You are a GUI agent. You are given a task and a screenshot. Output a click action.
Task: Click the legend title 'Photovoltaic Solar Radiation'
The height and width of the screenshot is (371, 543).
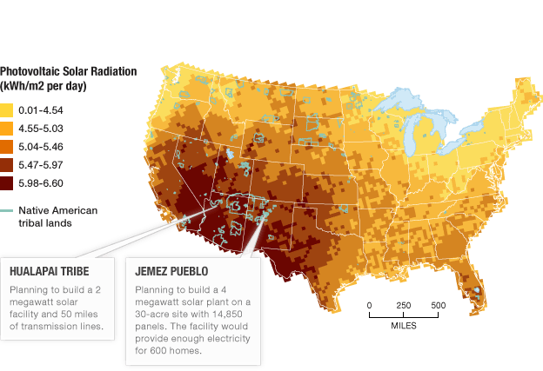point(68,71)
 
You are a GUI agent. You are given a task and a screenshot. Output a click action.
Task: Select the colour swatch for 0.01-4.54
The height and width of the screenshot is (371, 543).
point(7,110)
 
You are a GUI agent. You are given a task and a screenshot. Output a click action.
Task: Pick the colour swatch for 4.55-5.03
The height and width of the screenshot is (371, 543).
point(7,129)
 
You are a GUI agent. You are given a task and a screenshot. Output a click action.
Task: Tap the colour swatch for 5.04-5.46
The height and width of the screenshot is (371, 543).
point(7,147)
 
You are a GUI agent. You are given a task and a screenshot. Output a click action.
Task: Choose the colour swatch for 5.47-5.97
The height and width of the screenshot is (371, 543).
point(7,165)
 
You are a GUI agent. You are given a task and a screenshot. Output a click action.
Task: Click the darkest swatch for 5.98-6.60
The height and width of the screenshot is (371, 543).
point(7,183)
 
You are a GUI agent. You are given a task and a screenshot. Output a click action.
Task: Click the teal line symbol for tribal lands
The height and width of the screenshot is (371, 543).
point(7,210)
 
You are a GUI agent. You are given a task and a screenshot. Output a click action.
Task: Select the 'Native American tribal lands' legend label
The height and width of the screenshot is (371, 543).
point(52,216)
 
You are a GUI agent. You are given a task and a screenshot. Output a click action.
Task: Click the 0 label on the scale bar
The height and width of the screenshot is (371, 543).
point(369,305)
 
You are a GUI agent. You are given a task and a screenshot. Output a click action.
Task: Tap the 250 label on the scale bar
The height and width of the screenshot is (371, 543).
point(404,305)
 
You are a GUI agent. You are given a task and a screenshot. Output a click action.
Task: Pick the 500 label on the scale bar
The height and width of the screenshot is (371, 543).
point(438,305)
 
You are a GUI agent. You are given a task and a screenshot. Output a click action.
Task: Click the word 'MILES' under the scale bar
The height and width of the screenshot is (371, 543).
point(403,325)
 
